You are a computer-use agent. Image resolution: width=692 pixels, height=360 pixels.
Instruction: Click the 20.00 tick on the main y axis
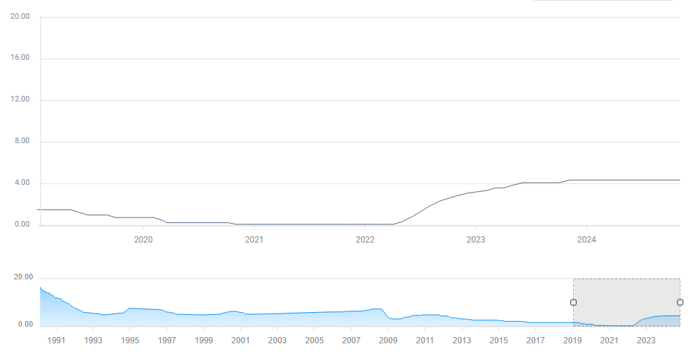(x=21, y=17)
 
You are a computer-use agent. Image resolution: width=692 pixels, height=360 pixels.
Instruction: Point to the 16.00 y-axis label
(x=21, y=58)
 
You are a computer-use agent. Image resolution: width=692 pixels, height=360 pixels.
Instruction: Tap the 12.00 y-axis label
(x=21, y=100)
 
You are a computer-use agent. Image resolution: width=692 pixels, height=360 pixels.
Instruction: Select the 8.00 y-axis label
(x=22, y=142)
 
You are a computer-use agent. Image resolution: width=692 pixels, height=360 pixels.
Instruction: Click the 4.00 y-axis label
(x=22, y=183)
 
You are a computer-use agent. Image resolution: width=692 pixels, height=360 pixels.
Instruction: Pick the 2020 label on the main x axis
(x=143, y=240)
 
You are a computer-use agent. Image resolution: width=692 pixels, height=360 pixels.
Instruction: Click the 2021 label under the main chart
(x=254, y=240)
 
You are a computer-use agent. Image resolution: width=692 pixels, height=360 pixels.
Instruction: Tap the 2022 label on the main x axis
(x=364, y=240)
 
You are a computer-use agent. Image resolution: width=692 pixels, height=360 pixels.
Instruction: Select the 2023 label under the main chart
(x=475, y=240)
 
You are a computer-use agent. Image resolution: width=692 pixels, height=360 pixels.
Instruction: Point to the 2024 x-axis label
(x=586, y=240)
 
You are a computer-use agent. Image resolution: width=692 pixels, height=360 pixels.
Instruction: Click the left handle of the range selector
(x=573, y=302)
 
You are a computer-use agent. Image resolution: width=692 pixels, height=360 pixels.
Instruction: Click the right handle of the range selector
(x=679, y=302)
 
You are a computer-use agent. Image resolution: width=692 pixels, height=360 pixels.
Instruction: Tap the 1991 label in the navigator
(x=56, y=341)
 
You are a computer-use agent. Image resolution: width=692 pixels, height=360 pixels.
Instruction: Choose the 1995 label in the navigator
(x=130, y=341)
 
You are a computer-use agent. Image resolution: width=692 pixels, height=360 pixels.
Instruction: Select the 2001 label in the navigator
(x=241, y=341)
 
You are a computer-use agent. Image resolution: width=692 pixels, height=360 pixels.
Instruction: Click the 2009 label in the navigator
(x=388, y=341)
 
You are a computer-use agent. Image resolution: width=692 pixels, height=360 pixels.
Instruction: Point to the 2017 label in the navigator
(x=536, y=341)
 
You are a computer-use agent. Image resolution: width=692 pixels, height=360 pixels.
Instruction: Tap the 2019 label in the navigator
(x=572, y=341)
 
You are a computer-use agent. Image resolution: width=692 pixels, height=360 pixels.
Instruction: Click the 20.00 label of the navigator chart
(x=24, y=277)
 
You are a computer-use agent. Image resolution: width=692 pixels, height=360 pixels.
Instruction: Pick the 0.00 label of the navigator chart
(x=25, y=325)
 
